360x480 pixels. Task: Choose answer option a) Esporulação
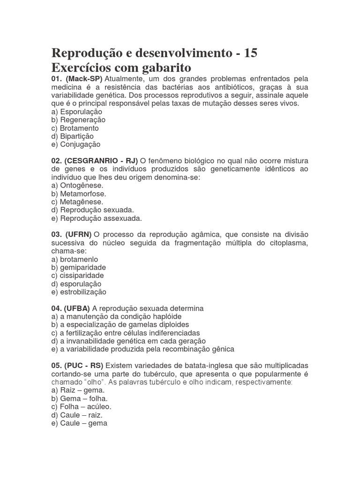77,112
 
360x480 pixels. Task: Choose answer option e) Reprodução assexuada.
97,218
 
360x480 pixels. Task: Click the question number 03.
56,234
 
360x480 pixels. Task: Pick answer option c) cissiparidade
78,276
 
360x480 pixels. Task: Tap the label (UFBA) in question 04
78,308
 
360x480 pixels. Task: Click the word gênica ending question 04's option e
223,349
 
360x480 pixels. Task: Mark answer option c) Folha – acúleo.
82,407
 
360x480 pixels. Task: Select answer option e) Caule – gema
79,423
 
